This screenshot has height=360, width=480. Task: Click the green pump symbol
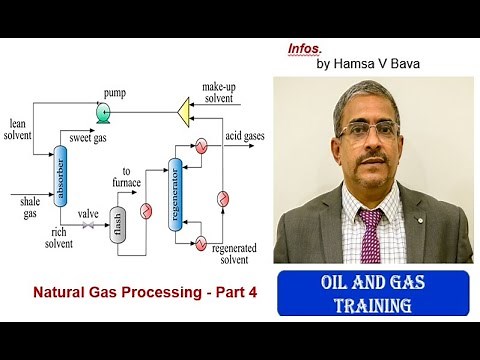tap(103, 114)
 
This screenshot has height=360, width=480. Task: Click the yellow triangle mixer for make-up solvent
tap(182, 104)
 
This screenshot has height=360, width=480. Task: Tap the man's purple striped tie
tap(370, 234)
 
